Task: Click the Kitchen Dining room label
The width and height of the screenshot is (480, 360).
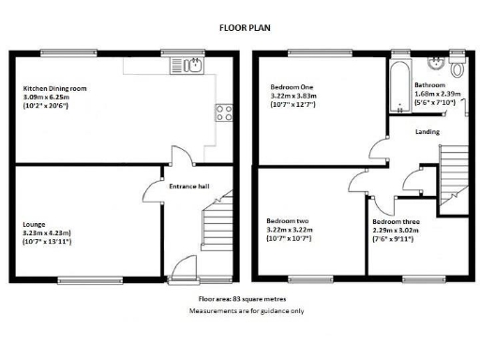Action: [x=54, y=88]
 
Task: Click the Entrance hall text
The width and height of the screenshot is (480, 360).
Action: [x=188, y=186]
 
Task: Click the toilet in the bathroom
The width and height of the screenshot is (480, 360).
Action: [x=457, y=67]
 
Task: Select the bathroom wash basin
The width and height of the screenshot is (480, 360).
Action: [x=435, y=64]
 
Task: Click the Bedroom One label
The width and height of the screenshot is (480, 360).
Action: [x=292, y=84]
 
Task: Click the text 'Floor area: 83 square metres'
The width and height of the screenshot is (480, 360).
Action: [x=246, y=299]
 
